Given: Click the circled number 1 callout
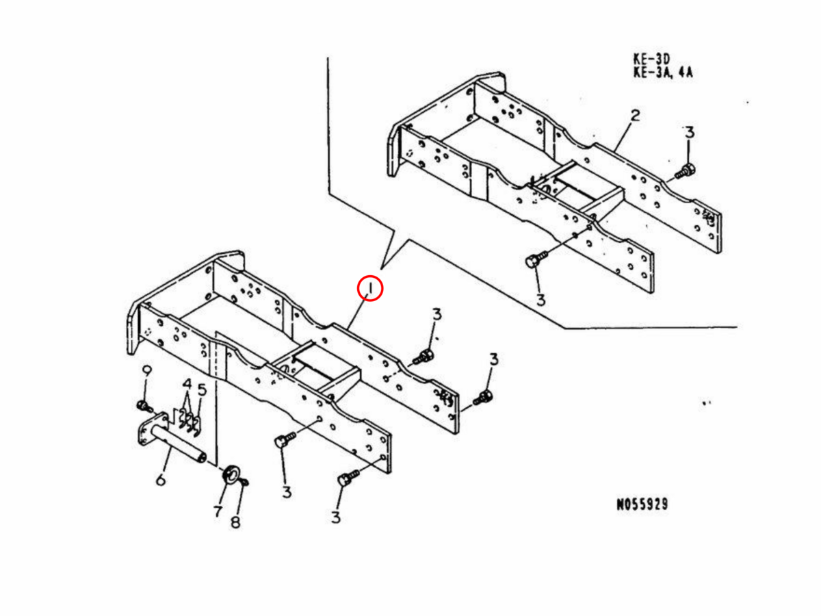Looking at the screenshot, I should pos(369,289).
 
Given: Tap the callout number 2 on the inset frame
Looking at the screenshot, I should pos(635,116).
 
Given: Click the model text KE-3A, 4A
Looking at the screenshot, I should pos(663,72).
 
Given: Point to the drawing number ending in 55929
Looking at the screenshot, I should pos(642,504).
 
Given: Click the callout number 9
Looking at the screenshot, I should pos(146,371).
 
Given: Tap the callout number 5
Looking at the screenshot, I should pos(202,390).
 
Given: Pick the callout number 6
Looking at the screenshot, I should pos(160,479).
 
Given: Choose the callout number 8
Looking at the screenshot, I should pos(235,522).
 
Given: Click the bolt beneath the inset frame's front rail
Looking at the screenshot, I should pos(535,260).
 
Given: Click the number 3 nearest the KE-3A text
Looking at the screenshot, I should pos(689,132).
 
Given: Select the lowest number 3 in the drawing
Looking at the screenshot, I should pos(335,517).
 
